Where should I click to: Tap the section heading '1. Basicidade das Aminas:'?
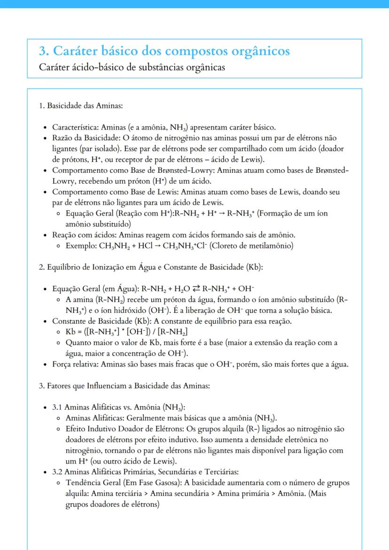81,106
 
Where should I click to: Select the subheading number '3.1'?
57,407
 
